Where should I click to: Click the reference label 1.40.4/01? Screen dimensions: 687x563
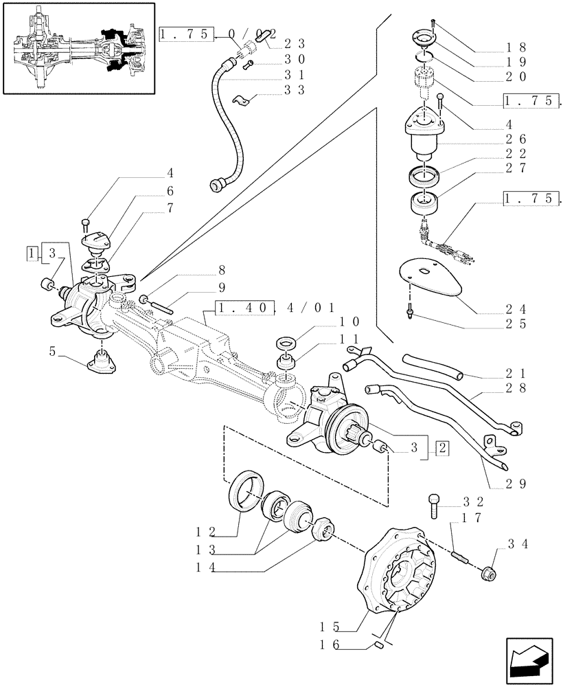click(x=274, y=308)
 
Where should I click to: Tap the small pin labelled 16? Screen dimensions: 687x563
click(x=378, y=645)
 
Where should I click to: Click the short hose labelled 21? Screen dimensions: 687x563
click(x=433, y=365)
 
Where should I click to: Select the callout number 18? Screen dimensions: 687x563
click(x=519, y=48)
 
